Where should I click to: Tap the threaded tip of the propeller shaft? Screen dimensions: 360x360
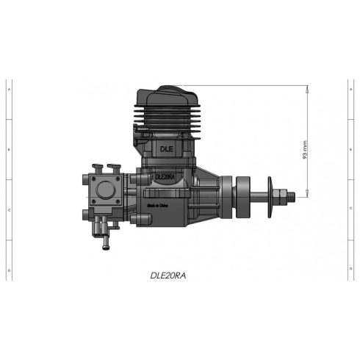(292, 195)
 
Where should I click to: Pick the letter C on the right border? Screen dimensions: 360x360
(350, 210)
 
